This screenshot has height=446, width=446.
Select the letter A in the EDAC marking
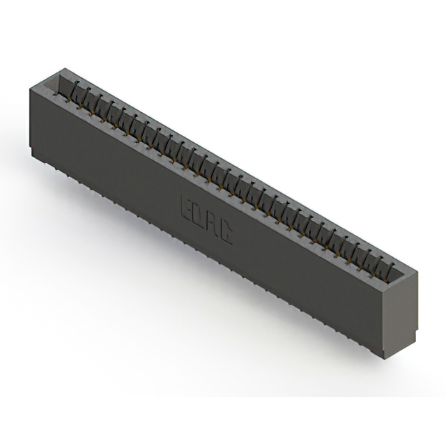tap(212, 224)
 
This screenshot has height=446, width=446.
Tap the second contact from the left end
tap(89, 98)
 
